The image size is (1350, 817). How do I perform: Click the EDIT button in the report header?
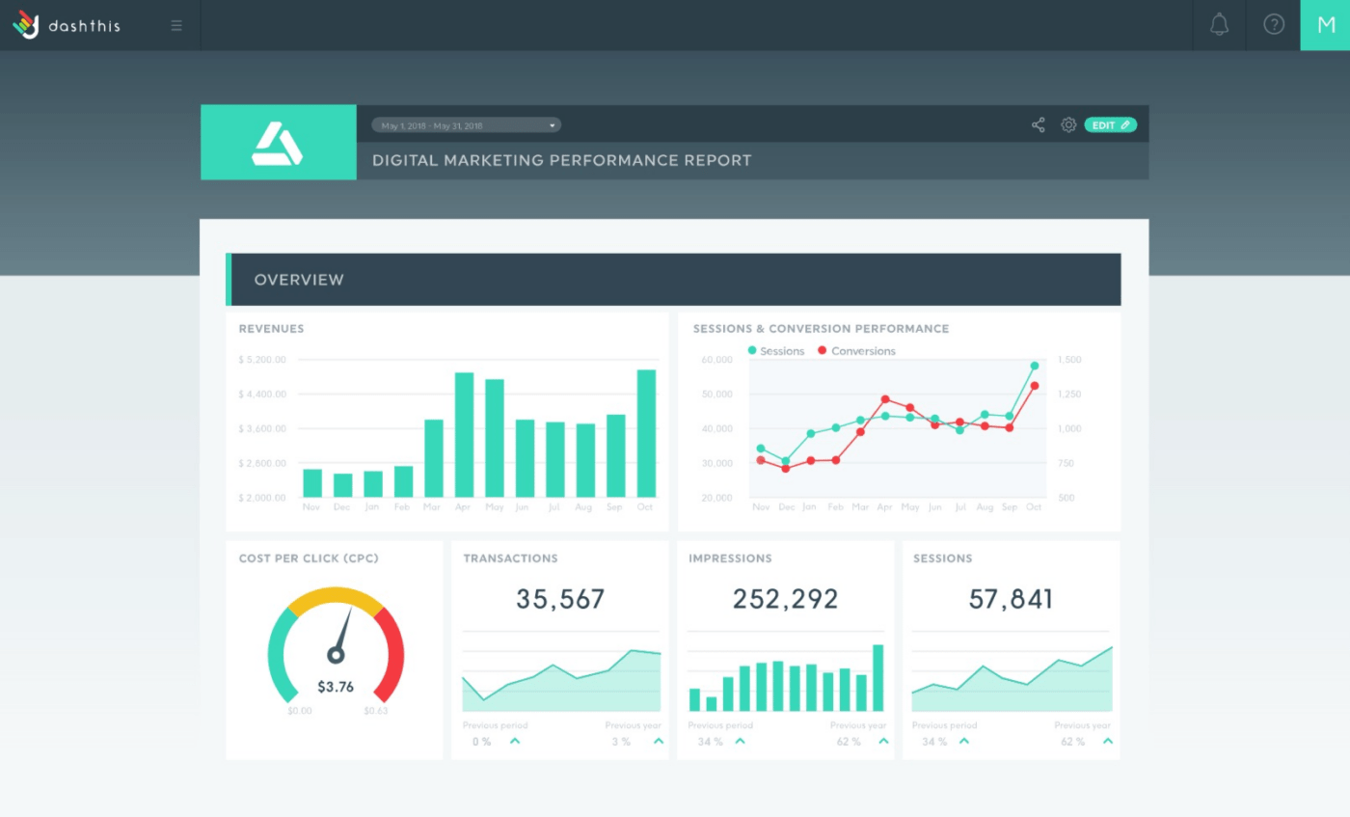point(1110,125)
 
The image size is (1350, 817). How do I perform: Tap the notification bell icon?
point(1219,25)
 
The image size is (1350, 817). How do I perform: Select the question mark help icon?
point(1274,25)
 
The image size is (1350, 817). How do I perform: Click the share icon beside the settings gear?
point(1039,125)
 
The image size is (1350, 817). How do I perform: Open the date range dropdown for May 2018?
point(466,125)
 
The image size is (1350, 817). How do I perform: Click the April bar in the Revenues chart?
point(464,434)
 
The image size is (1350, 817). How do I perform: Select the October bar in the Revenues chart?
point(646,433)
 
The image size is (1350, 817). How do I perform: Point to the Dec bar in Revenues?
point(342,485)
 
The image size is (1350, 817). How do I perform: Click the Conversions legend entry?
point(856,351)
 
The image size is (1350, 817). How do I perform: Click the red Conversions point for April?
point(885,399)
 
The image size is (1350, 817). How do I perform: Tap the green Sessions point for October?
point(1034,366)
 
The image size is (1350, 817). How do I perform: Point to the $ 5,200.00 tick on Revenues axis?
point(262,360)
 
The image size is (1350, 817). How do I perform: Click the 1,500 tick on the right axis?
point(1069,360)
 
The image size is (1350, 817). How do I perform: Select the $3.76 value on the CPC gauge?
point(336,687)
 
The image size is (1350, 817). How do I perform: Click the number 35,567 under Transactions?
point(560,599)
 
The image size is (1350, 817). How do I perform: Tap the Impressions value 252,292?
point(785,599)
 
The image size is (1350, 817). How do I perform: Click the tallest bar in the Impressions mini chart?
point(878,677)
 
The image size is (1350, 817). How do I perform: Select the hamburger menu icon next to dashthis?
point(176,25)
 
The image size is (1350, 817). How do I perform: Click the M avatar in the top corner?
point(1325,25)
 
